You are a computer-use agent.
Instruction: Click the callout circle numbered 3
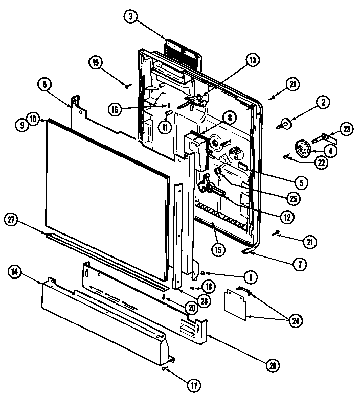point(131,17)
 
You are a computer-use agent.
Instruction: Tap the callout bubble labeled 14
point(16,272)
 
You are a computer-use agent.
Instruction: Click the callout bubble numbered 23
point(347,129)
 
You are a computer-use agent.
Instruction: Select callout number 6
point(44,85)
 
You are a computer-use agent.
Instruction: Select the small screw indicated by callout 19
point(126,85)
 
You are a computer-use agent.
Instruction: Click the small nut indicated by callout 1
point(203,273)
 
